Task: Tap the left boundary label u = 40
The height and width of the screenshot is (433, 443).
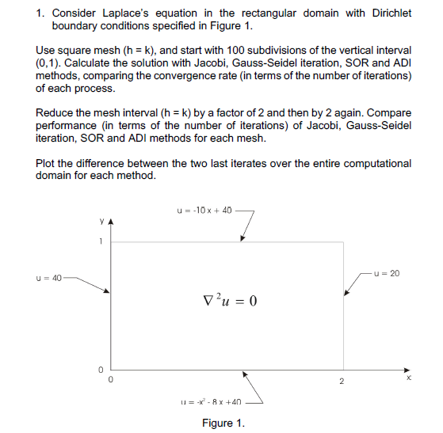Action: click(49, 278)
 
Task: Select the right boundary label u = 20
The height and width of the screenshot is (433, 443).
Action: click(388, 273)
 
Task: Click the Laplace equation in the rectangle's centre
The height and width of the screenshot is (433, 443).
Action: click(231, 302)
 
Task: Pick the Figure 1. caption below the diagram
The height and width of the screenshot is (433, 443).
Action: click(223, 424)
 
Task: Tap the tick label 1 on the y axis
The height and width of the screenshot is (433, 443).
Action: click(101, 242)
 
